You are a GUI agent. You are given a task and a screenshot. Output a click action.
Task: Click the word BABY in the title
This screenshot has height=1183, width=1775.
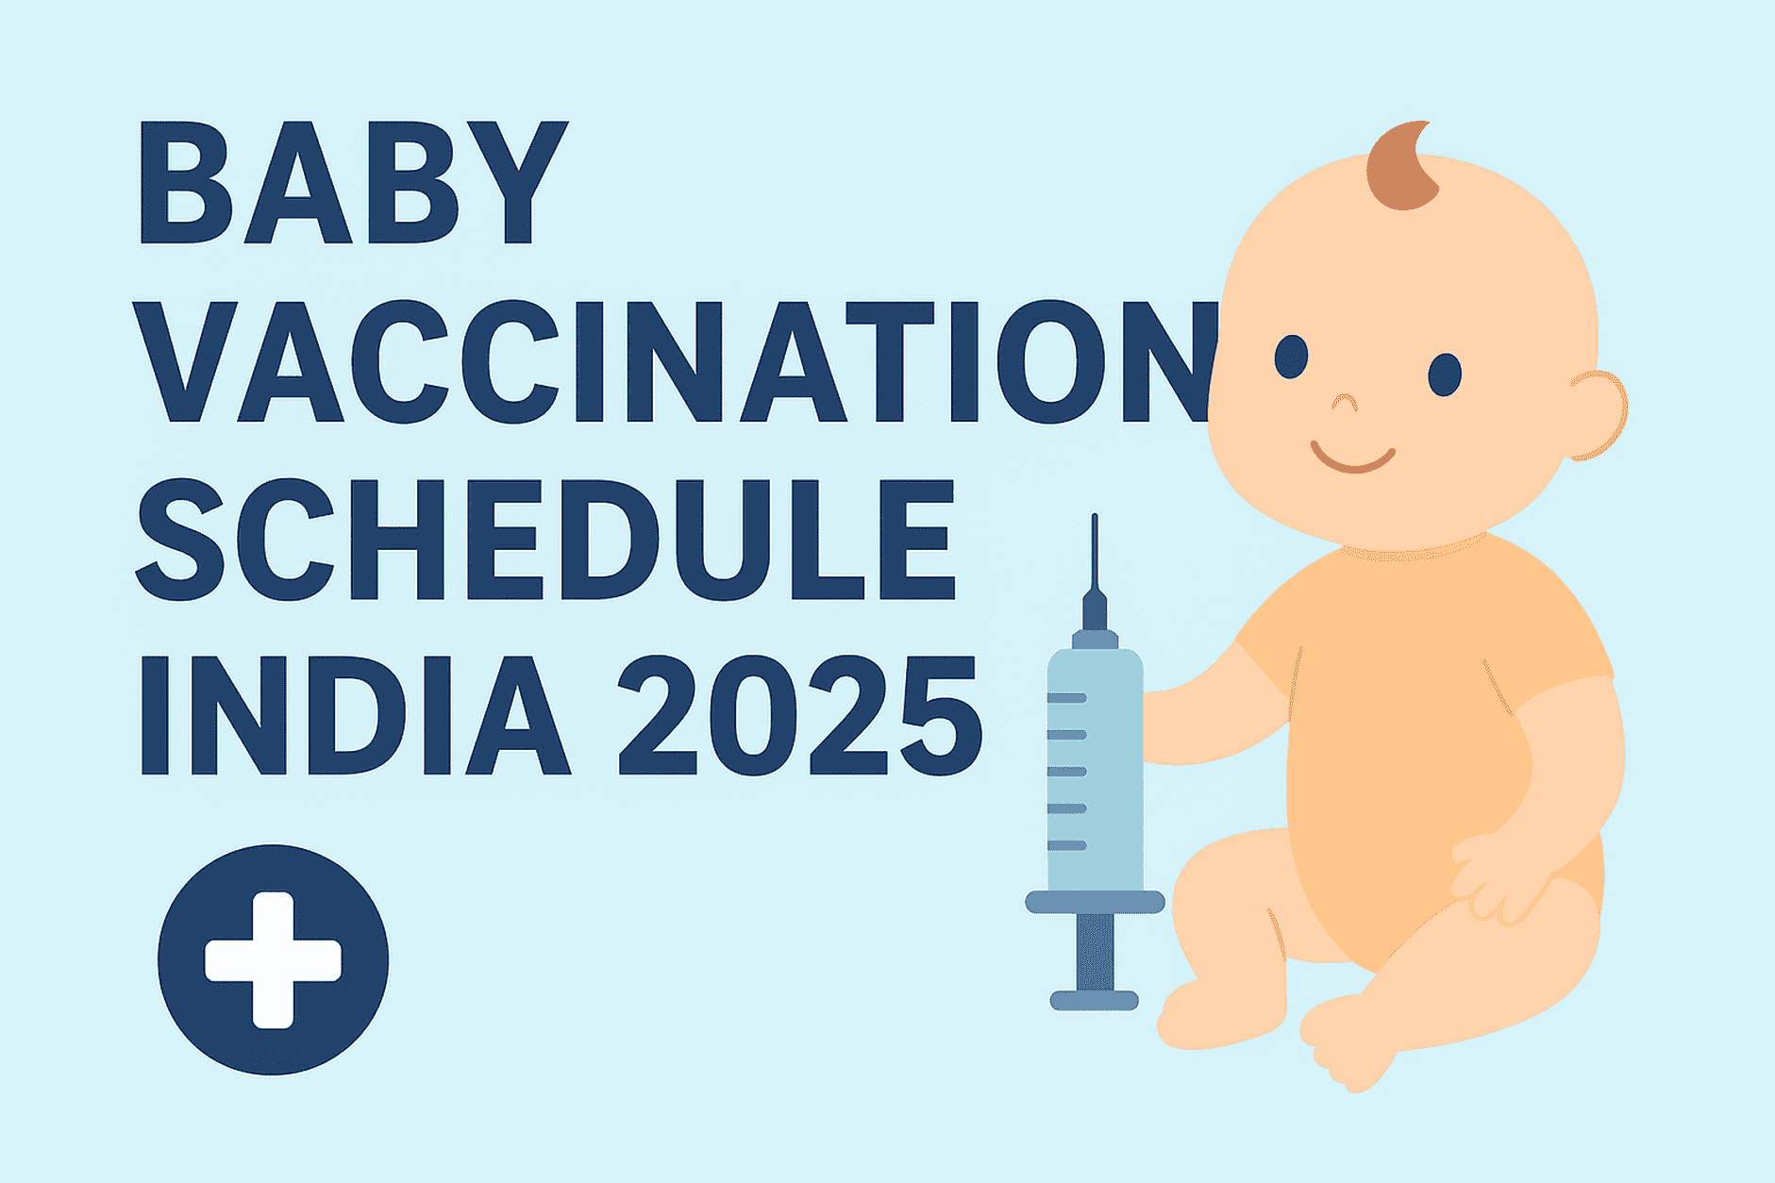[x=354, y=182]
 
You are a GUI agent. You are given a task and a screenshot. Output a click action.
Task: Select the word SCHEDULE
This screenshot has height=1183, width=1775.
[x=546, y=540]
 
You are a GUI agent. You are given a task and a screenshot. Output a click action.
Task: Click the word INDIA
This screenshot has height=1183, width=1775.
[x=356, y=714]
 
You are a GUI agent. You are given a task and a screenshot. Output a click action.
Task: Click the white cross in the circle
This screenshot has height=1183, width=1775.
[x=273, y=959]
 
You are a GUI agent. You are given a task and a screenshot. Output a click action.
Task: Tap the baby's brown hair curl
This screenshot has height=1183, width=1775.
[x=1402, y=165]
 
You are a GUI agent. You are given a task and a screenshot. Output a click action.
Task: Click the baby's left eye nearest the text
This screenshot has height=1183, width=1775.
[x=1291, y=357]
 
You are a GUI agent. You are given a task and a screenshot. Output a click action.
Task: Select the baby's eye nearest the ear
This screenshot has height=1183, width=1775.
[x=1444, y=374]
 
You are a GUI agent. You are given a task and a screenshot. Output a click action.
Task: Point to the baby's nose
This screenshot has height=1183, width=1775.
[x=1344, y=403]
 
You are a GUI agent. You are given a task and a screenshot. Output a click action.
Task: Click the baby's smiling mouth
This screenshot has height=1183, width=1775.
[x=1353, y=458]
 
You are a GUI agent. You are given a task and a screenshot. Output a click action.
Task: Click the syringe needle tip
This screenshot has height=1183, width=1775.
[x=1095, y=515]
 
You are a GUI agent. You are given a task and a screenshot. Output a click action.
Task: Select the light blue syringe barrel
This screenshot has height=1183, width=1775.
[x=1095, y=769]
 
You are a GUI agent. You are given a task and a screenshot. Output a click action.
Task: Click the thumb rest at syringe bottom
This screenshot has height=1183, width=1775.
[x=1095, y=1000]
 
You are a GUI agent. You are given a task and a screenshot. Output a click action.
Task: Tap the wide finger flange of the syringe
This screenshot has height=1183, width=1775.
[x=1095, y=902]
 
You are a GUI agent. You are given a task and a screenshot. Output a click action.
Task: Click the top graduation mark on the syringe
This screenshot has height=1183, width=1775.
[x=1067, y=698]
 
